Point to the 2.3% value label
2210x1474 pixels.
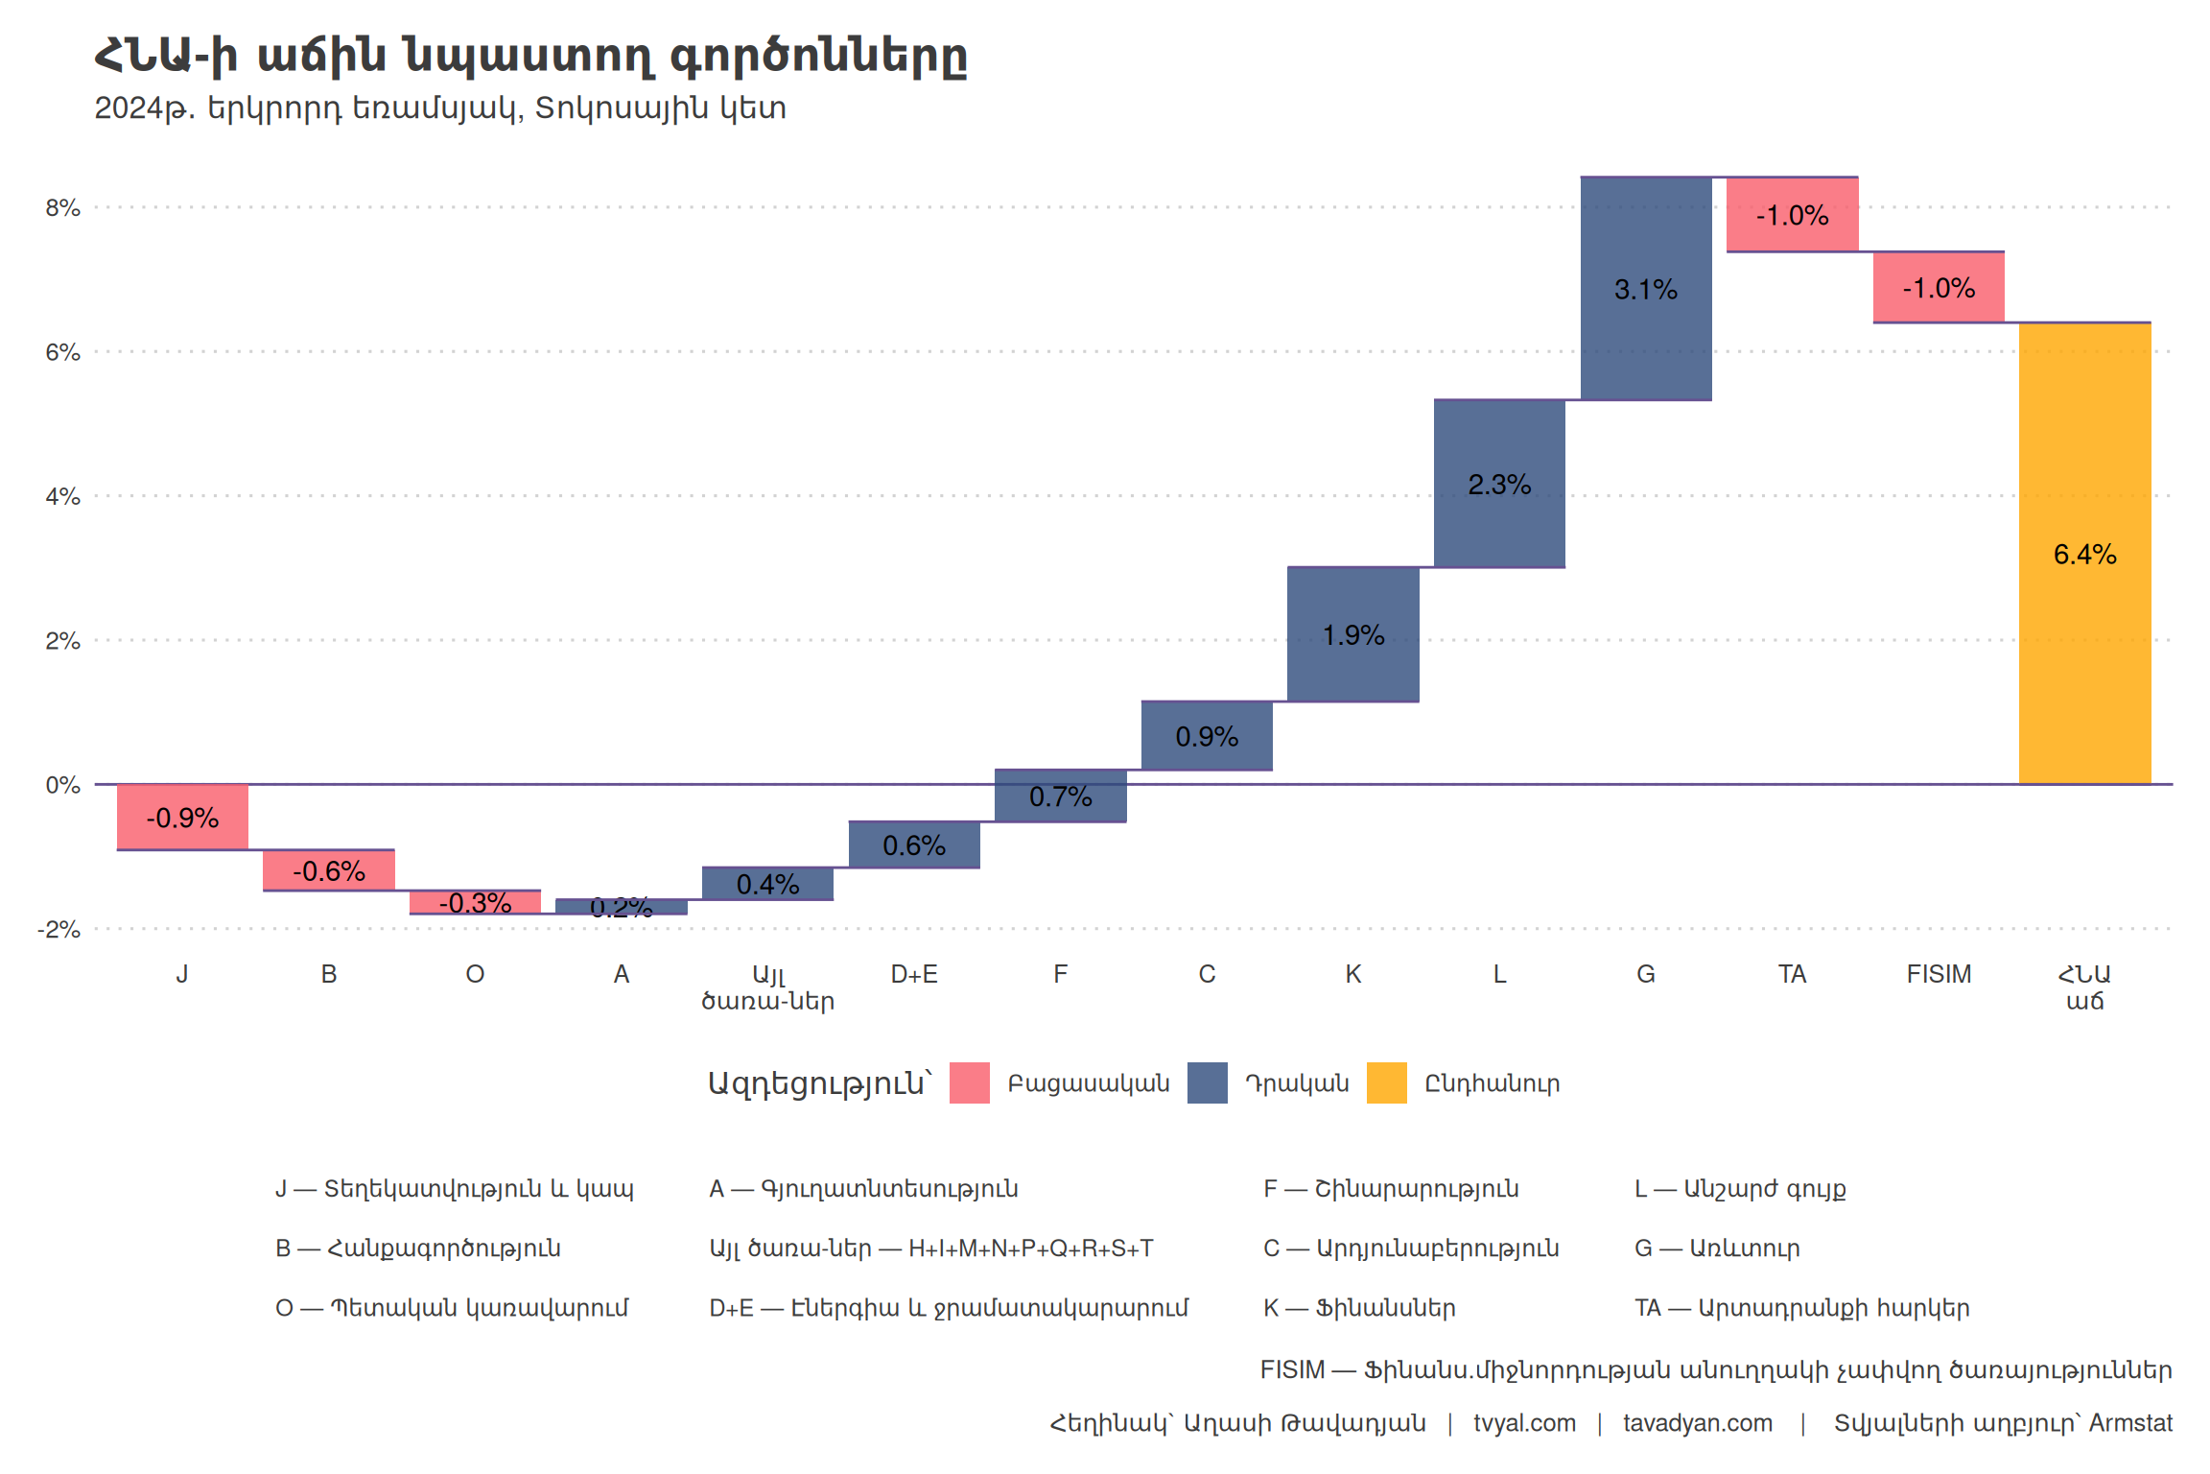pos(1499,485)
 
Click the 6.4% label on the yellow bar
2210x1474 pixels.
pos(2084,555)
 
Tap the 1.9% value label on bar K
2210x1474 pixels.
pos(1353,635)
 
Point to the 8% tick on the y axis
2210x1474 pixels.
pos(62,208)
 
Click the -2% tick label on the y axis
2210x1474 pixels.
pos(59,929)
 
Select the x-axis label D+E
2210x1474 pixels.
pos(914,974)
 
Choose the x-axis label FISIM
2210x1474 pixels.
pos(1939,974)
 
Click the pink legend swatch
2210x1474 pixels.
pos(969,1082)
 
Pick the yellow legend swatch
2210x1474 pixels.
pos(1386,1082)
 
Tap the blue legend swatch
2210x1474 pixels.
pos(1207,1082)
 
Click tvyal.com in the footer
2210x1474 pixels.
pos(1524,1423)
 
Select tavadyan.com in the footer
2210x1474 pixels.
pos(1697,1423)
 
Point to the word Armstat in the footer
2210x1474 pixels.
pos(2130,1423)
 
